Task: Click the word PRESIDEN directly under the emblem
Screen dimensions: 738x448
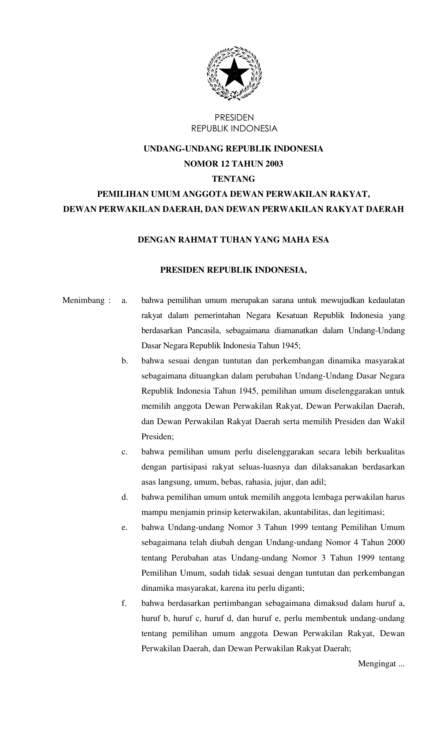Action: [x=234, y=117]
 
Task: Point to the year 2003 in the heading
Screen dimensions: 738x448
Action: [x=274, y=164]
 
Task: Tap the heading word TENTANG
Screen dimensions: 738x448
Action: [x=233, y=179]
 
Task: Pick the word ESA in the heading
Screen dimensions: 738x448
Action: [x=321, y=240]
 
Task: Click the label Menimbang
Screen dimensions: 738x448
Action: [x=84, y=300]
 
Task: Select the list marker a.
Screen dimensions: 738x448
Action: [x=124, y=300]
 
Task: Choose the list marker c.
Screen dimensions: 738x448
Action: [x=124, y=452]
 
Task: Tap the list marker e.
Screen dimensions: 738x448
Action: [x=124, y=527]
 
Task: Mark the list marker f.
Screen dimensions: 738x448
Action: [x=124, y=603]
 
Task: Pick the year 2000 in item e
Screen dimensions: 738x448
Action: [x=396, y=543]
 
